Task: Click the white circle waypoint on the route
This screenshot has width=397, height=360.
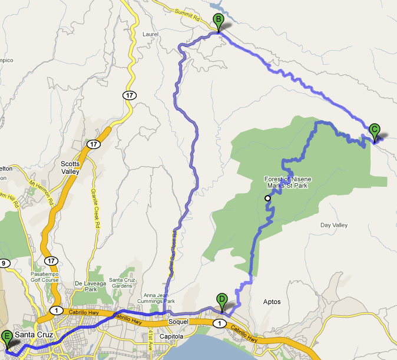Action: click(x=268, y=199)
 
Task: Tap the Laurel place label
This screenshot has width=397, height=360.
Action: click(x=151, y=34)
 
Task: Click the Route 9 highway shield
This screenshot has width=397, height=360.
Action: click(x=4, y=263)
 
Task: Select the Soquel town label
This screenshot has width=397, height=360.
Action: click(x=179, y=322)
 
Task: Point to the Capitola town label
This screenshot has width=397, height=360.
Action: click(x=175, y=336)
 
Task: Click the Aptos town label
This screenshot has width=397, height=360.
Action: click(x=272, y=302)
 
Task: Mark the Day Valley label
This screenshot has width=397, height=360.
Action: click(x=334, y=225)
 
